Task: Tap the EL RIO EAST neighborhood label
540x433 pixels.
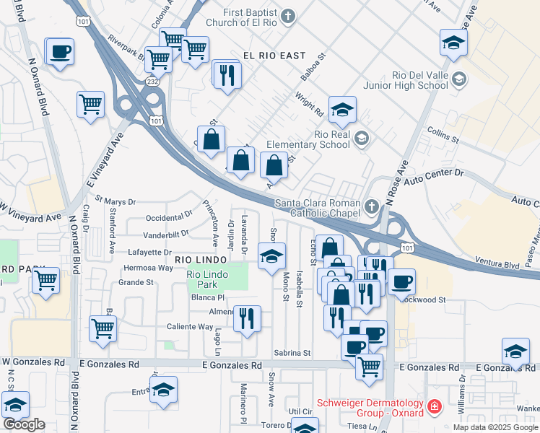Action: pyautogui.click(x=274, y=55)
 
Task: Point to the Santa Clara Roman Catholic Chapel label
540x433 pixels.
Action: pyautogui.click(x=314, y=208)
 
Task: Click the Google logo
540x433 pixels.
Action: pyautogui.click(x=24, y=424)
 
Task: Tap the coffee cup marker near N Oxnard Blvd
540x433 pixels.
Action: pyautogui.click(x=60, y=52)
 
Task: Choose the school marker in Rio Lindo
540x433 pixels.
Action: pyautogui.click(x=271, y=257)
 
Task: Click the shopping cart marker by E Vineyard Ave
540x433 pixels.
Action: pyautogui.click(x=91, y=105)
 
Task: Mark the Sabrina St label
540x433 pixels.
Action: pyautogui.click(x=292, y=353)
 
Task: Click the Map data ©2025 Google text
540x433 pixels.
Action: pyautogui.click(x=495, y=427)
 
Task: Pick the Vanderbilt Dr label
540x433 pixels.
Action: pyautogui.click(x=165, y=234)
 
